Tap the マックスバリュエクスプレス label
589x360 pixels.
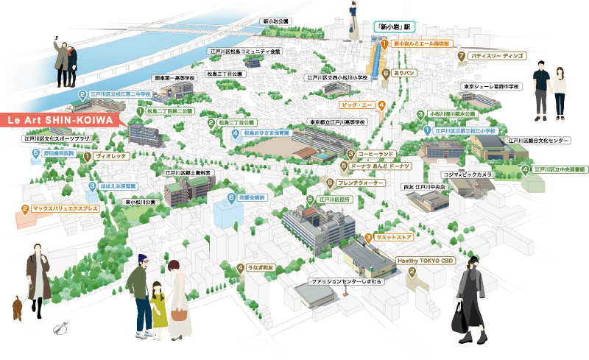pyautogui.click(x=70, y=209)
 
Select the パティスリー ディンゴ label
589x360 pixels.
pyautogui.click(x=497, y=55)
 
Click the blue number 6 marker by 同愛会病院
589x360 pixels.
pyautogui.click(x=231, y=198)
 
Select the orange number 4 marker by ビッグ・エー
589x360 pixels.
pyautogui.click(x=381, y=105)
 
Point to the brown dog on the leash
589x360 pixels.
pyautogui.click(x=15, y=307)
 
